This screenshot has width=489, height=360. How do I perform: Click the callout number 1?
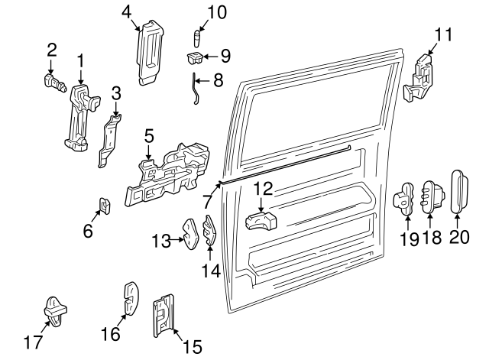[x=80, y=59]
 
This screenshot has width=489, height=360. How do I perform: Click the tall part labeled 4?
[x=150, y=52]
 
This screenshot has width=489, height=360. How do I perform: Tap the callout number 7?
[x=206, y=202]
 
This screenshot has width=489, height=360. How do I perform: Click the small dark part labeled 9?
[x=194, y=57]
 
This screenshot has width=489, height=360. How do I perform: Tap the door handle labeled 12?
[x=260, y=222]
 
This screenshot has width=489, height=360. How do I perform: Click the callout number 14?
[x=210, y=269]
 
